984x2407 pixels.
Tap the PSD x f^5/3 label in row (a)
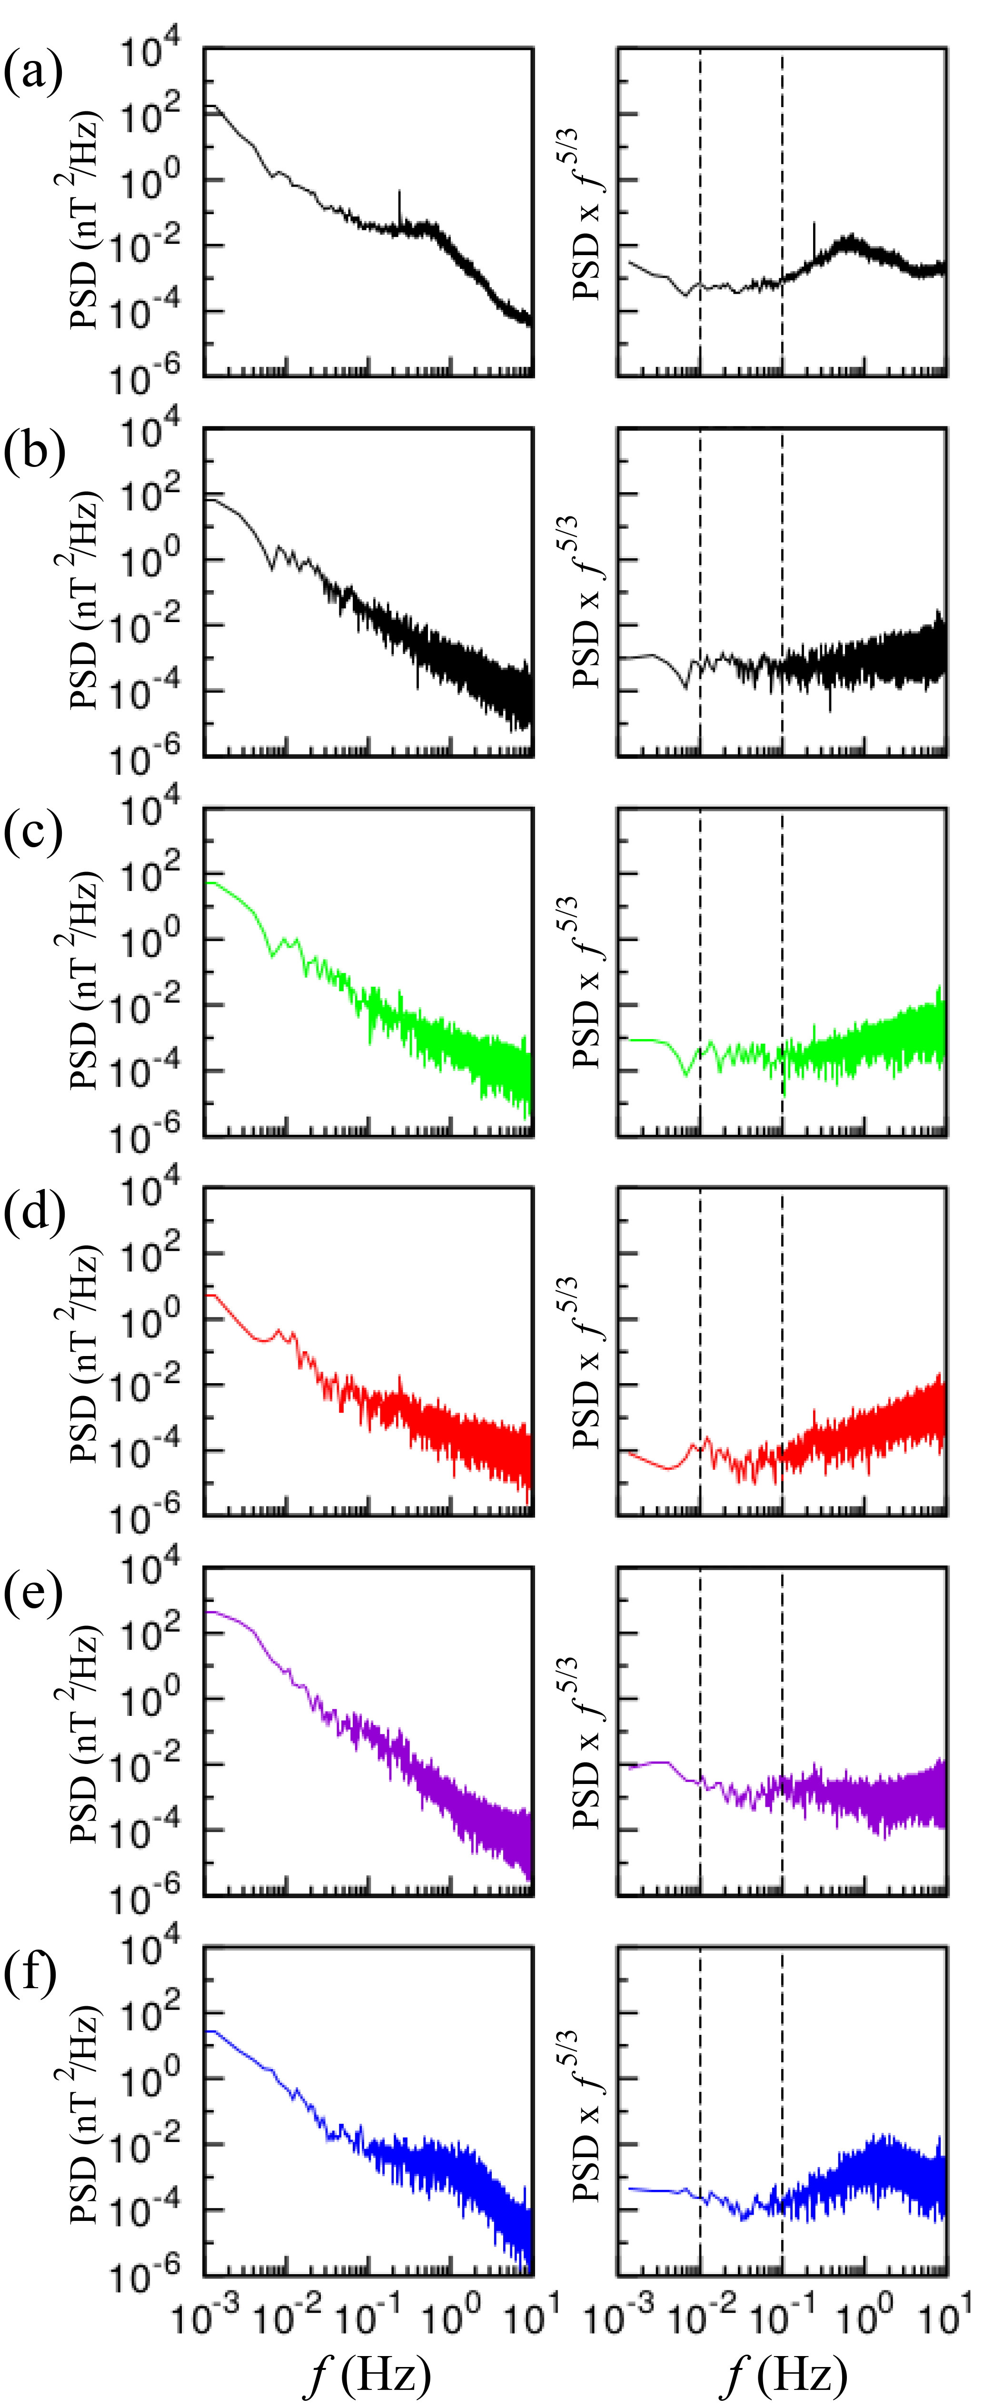(x=586, y=215)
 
